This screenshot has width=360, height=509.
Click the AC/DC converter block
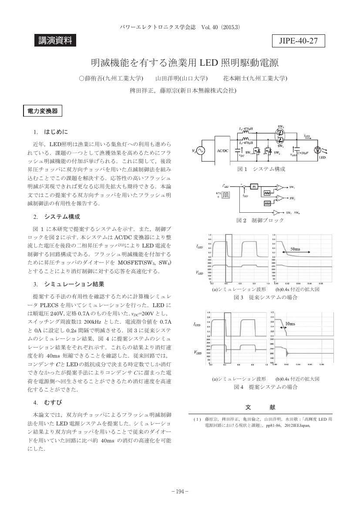pos(222,150)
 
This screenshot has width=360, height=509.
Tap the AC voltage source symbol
pos(201,151)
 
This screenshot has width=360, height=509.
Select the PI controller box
pos(254,186)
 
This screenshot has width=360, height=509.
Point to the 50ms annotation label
pos(295,248)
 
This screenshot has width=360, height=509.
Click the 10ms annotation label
pos(290,324)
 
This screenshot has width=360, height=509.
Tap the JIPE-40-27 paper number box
pos(298,41)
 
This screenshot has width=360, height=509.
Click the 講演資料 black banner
pos(55,41)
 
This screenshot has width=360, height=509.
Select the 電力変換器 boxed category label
pos(42,111)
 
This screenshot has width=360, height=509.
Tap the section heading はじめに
pos(56,131)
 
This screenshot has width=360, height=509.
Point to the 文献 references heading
pos(260,407)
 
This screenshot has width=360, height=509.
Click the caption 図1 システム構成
pos(260,169)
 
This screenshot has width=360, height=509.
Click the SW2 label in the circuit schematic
pos(277,153)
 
